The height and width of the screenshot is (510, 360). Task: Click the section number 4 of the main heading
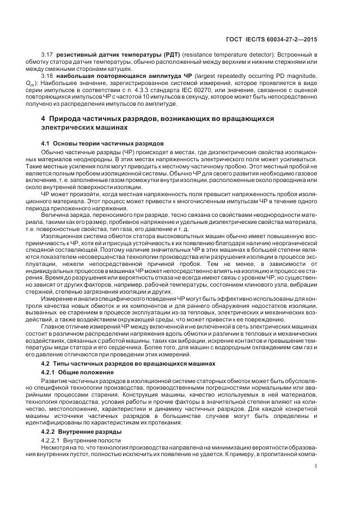click(44, 118)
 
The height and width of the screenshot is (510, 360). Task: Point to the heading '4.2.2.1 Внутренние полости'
click(77, 439)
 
